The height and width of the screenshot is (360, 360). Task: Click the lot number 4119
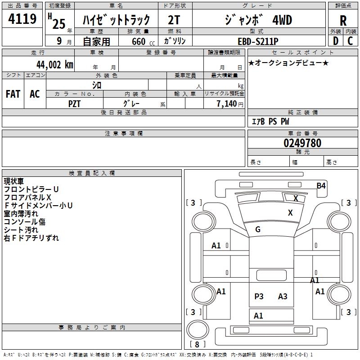coord(22,19)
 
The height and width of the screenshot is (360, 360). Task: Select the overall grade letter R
coord(343,21)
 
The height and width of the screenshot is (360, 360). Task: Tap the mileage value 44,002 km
coord(55,65)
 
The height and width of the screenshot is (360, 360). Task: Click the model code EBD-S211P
coord(258,41)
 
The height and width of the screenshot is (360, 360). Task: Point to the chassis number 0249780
coord(302,143)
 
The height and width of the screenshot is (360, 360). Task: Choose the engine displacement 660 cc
coord(143,41)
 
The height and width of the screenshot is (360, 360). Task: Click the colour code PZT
coord(74,104)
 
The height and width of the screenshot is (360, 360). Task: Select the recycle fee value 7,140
coord(226,104)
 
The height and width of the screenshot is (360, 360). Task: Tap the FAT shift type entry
coord(13,94)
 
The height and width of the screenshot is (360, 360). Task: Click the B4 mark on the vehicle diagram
coord(321,185)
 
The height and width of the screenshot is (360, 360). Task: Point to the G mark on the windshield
coord(258,229)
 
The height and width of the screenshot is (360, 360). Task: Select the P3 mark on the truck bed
coord(259,296)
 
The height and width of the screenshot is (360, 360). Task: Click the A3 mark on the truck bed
coord(283,296)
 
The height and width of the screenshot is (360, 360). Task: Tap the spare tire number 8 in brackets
coord(197,344)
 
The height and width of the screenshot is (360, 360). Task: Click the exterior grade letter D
coord(336,41)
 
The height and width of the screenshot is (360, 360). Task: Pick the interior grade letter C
coord(350,41)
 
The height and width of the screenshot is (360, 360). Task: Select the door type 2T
coord(174,20)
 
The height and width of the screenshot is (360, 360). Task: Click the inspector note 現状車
coord(13,181)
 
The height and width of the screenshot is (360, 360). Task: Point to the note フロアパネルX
coord(27,198)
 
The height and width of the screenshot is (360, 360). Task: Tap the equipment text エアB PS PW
coord(270,121)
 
